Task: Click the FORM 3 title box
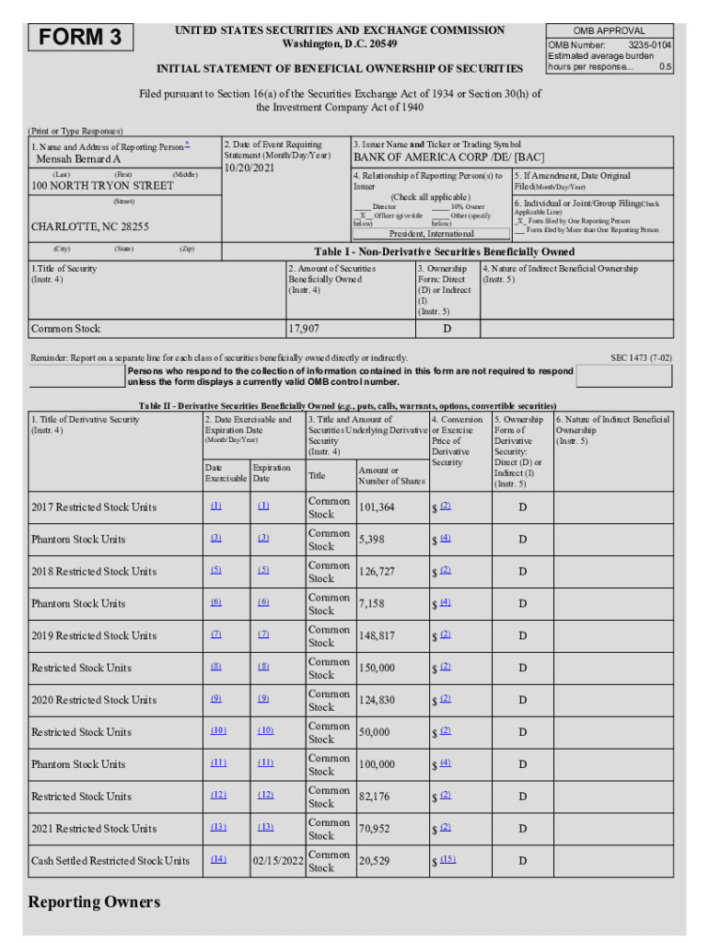[81, 38]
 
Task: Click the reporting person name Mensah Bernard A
[78, 159]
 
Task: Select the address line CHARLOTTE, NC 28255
[90, 227]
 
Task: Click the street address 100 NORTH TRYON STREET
[102, 186]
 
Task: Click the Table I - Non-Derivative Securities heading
[444, 252]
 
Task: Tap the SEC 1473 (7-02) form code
[641, 357]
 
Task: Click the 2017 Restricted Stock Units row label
[94, 507]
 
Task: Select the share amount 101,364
[377, 507]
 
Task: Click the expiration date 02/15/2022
[277, 861]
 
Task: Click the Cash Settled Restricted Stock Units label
[110, 861]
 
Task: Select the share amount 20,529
[374, 861]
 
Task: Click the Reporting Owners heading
[94, 902]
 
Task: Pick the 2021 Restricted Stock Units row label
[94, 829]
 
